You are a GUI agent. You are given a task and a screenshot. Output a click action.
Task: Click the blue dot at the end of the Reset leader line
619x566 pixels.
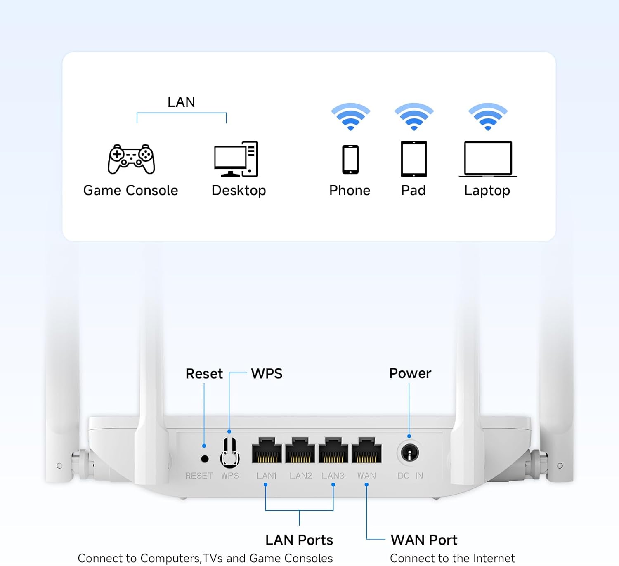[x=204, y=446]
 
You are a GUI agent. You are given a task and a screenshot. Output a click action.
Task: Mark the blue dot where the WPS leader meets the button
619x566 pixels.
[x=229, y=432]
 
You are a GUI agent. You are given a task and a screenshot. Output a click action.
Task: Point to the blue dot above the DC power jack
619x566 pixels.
[x=409, y=436]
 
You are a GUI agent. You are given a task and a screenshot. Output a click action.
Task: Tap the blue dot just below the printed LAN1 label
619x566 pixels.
[x=266, y=485]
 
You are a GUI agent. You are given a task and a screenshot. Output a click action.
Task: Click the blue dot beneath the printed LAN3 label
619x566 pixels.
[x=333, y=485]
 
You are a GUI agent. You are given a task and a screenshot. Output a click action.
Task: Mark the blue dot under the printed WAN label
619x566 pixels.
[x=366, y=485]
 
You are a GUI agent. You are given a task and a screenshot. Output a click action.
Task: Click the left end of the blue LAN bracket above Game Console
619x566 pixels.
[x=137, y=123]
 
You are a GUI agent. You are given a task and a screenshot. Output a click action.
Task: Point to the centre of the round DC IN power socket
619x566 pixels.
[x=410, y=453]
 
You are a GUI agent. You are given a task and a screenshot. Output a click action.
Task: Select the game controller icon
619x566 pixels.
[x=131, y=159]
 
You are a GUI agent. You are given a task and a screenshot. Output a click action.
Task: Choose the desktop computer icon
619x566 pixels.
[x=236, y=159]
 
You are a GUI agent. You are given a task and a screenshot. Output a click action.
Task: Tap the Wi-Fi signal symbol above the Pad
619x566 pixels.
[x=414, y=117]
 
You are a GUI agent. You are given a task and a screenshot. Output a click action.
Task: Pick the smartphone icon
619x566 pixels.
[x=350, y=160]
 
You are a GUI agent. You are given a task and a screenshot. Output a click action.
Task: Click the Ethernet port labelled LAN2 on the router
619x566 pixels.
[x=300, y=450]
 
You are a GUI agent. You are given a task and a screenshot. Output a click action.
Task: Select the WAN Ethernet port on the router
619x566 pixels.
[x=366, y=450]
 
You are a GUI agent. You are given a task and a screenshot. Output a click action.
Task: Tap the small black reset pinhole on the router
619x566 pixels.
[x=205, y=459]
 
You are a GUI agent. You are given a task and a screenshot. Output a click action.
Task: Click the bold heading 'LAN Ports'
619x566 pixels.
[x=299, y=540]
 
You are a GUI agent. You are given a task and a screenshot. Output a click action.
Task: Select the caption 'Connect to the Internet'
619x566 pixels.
[x=452, y=558]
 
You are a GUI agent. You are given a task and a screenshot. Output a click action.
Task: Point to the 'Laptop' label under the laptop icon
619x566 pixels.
[x=487, y=191]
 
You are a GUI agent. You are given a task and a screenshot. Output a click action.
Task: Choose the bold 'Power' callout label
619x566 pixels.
[x=410, y=373]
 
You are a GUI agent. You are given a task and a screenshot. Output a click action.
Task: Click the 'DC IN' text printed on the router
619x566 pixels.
[x=411, y=476]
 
